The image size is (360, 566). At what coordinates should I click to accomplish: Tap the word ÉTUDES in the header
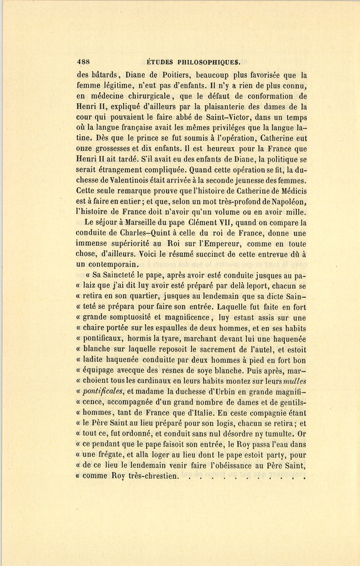pyautogui.click(x=160, y=62)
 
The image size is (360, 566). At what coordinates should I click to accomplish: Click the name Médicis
pyautogui.click(x=289, y=191)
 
